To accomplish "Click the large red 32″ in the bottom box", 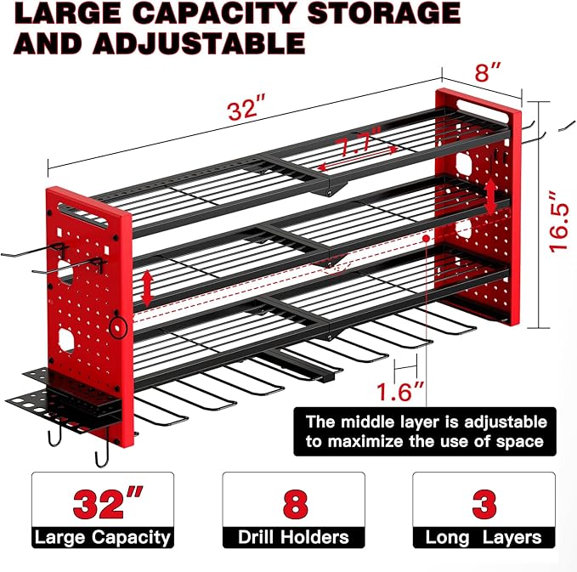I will click(x=103, y=501).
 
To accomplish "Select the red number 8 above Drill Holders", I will click(x=293, y=501).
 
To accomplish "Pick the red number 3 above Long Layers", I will click(x=484, y=501).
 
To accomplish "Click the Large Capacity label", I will click(x=103, y=537).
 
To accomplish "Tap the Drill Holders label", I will click(x=293, y=537).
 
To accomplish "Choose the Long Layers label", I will click(x=484, y=537).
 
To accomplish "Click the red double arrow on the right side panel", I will click(x=490, y=198).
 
